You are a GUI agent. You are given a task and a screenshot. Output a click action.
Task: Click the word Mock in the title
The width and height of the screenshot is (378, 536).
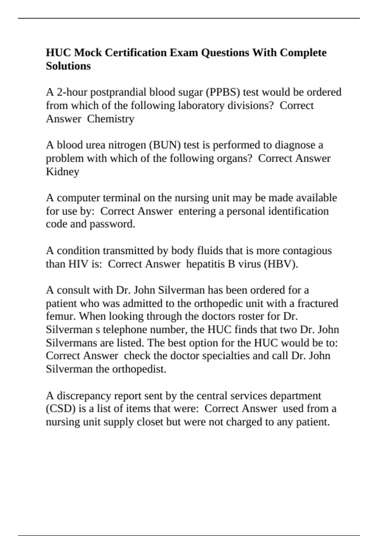point(88,52)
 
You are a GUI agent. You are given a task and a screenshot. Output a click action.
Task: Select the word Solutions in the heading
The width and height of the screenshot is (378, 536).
point(68,66)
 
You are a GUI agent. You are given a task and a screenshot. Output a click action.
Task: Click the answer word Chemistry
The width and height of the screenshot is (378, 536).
point(111,119)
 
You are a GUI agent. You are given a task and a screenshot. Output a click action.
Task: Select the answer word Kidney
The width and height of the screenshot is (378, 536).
point(62,172)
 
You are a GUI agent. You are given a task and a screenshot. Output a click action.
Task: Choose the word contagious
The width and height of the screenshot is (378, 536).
point(307,251)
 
